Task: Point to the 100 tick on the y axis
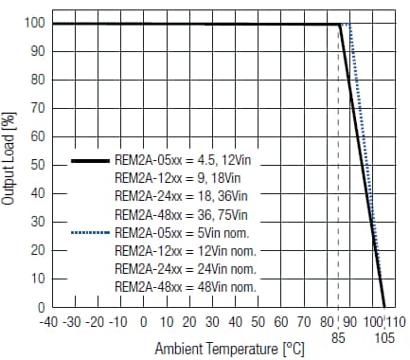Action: (x=33, y=23)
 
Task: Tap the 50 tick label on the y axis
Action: (x=36, y=165)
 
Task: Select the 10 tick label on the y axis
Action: (x=36, y=279)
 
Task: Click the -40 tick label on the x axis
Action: (x=50, y=322)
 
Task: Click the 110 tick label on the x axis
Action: (x=396, y=322)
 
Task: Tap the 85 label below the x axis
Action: (x=338, y=335)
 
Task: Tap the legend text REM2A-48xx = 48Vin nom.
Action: (x=185, y=286)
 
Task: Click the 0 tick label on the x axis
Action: (x=143, y=322)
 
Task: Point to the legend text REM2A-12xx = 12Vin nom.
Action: (x=185, y=251)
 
